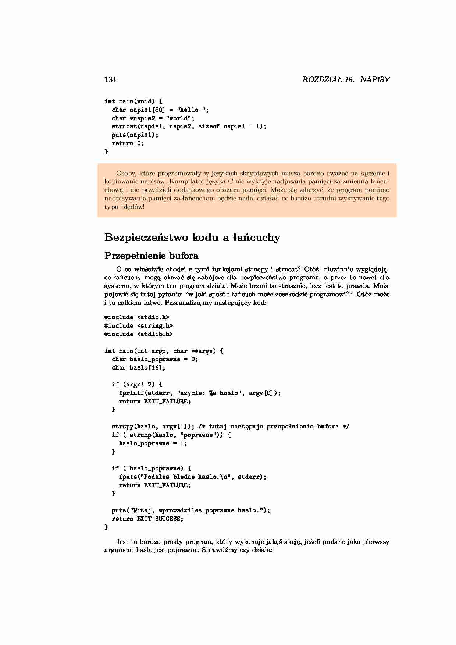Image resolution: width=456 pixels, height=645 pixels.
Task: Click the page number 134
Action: [110, 80]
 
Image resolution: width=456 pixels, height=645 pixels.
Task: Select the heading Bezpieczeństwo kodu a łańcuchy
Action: [192, 238]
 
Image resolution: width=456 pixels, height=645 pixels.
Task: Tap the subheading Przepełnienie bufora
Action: [152, 256]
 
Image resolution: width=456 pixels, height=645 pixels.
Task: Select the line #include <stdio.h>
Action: [137, 317]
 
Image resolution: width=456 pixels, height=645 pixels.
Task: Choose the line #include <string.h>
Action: [139, 325]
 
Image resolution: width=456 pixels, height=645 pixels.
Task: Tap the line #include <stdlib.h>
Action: [139, 334]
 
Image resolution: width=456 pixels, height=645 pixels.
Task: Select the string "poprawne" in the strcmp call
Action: [199, 435]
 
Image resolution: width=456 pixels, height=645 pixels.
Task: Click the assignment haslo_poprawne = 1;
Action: [153, 443]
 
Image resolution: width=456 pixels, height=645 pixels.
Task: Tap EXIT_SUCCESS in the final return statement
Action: [158, 519]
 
